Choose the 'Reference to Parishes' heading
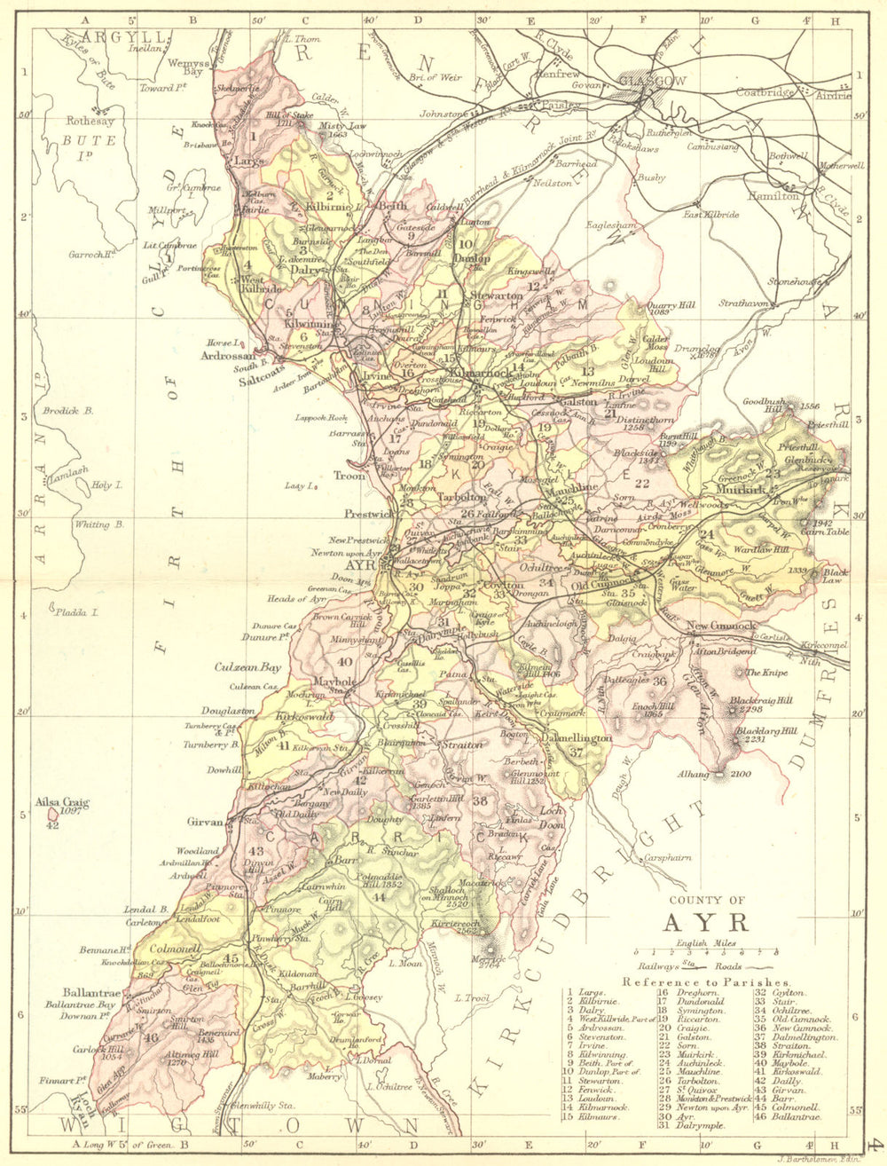706,981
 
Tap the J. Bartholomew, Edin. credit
815,1157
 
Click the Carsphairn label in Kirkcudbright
668,859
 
